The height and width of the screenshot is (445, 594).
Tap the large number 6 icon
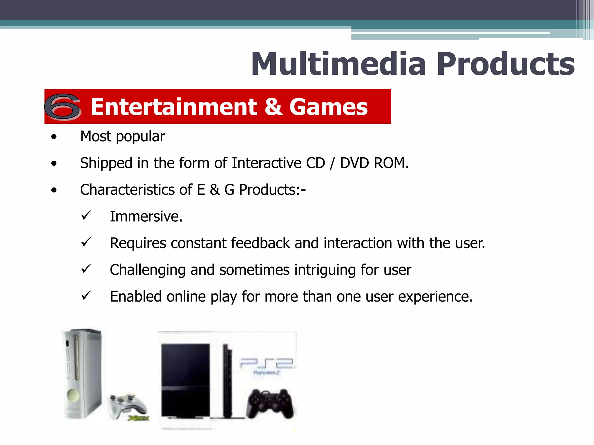62,106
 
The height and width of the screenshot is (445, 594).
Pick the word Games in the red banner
328,107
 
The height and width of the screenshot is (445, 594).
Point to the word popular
140,137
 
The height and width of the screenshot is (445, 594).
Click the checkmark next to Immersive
86,215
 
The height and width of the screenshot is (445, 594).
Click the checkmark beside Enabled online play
86,296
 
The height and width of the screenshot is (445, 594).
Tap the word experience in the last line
435,297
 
